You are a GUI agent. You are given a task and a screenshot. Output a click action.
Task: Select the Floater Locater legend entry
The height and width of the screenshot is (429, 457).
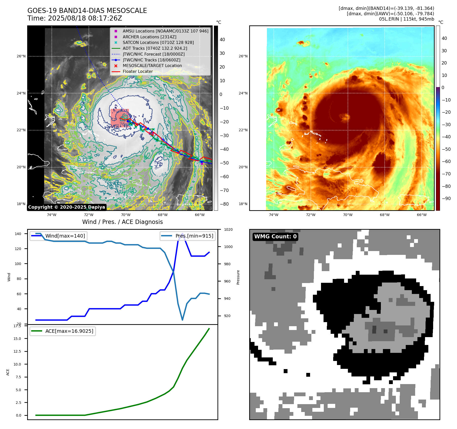click(x=138, y=72)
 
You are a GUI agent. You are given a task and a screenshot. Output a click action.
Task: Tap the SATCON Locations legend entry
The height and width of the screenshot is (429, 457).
click(x=158, y=43)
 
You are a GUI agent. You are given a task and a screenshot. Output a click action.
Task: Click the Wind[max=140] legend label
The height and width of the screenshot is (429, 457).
click(x=65, y=236)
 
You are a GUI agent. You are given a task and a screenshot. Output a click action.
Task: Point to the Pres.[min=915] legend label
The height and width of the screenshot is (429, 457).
click(x=194, y=236)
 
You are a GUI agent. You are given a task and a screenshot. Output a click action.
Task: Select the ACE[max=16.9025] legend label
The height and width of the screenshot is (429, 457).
click(x=69, y=331)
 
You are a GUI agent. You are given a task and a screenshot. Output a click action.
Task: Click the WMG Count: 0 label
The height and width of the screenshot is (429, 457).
click(x=275, y=237)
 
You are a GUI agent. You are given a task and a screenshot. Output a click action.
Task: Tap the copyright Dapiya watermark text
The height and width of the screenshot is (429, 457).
click(x=66, y=207)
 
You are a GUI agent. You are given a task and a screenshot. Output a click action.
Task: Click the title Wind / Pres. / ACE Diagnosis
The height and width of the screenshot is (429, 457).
click(x=122, y=222)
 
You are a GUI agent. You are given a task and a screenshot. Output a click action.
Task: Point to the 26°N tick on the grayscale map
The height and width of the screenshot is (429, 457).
click(x=21, y=56)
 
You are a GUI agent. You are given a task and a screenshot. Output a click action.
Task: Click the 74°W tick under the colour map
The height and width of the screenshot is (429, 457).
click(x=274, y=215)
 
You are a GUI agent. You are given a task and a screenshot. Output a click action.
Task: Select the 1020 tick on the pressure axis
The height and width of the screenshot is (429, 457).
click(x=228, y=229)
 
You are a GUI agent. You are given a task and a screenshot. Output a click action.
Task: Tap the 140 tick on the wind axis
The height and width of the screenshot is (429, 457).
click(x=18, y=234)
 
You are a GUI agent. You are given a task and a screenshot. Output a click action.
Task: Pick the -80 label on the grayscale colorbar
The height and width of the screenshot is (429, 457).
click(x=224, y=204)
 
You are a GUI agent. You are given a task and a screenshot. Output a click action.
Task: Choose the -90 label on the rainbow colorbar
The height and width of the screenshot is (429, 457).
click(x=446, y=199)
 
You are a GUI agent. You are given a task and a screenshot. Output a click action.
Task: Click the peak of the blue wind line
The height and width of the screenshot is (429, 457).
click(x=182, y=234)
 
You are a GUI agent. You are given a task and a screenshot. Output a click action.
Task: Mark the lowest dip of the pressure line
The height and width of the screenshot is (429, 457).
click(x=182, y=320)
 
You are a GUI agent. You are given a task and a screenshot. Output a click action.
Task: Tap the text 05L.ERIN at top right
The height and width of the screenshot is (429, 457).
click(x=389, y=19)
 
